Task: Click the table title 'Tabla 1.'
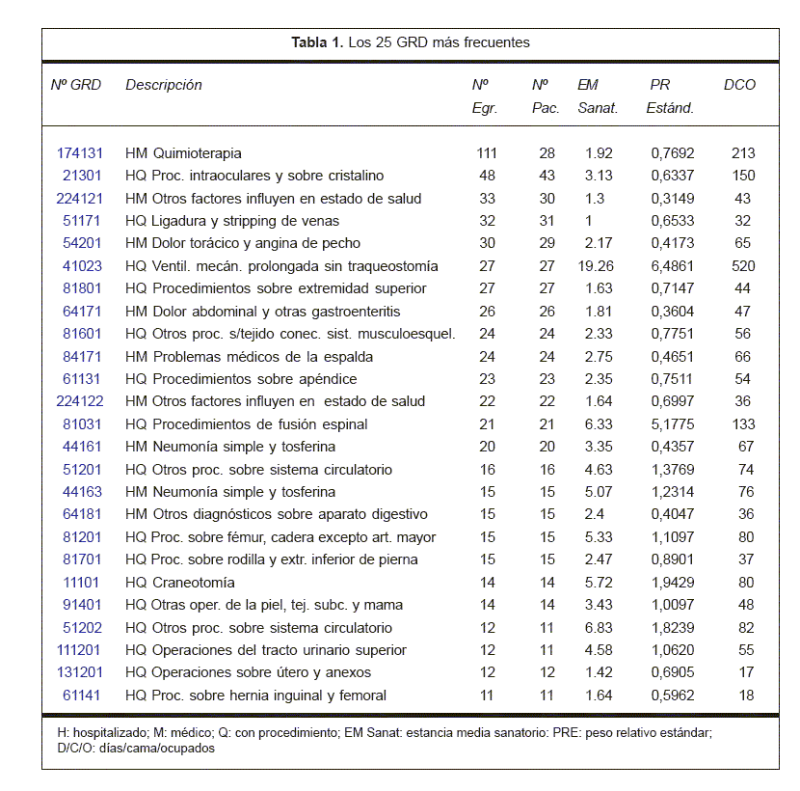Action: click(x=318, y=42)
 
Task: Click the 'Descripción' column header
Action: click(x=164, y=85)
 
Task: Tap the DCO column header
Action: click(x=739, y=85)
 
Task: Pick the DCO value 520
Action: click(x=743, y=266)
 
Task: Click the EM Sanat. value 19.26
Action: click(x=598, y=266)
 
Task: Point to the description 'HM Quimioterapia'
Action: click(x=183, y=153)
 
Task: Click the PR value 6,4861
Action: click(x=671, y=266)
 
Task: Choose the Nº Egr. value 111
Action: click(x=487, y=153)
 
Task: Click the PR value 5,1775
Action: click(x=671, y=424)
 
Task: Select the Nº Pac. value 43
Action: click(x=547, y=176)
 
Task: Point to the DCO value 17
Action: click(x=743, y=672)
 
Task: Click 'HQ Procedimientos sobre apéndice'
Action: click(x=241, y=379)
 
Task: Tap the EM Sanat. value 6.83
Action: click(x=598, y=628)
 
